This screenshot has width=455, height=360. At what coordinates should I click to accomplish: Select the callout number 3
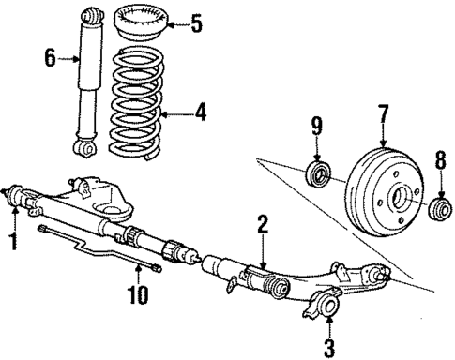[x=327, y=349]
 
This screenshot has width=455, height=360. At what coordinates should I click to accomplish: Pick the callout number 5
[x=195, y=22]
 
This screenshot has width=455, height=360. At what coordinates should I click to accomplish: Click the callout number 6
[x=51, y=58]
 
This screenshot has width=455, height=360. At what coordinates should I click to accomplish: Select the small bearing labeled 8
[x=436, y=207]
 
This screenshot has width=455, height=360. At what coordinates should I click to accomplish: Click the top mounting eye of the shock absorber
[x=91, y=15]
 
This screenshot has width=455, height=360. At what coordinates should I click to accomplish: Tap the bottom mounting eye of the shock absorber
[x=86, y=147]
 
